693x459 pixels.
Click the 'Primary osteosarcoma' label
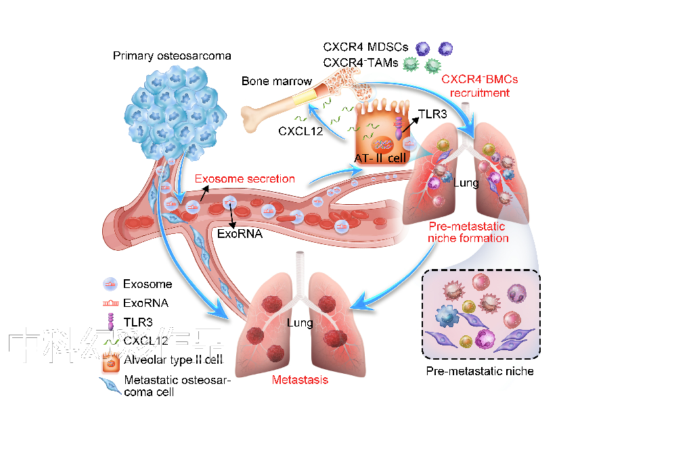172,55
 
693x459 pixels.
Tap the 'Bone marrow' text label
277,82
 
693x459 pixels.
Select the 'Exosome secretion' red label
245,179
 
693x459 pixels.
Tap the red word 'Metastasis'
300,380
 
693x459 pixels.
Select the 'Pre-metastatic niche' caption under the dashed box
480,371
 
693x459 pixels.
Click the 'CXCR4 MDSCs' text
365,48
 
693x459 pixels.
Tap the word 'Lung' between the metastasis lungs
300,323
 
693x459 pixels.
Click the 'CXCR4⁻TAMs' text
361,64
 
